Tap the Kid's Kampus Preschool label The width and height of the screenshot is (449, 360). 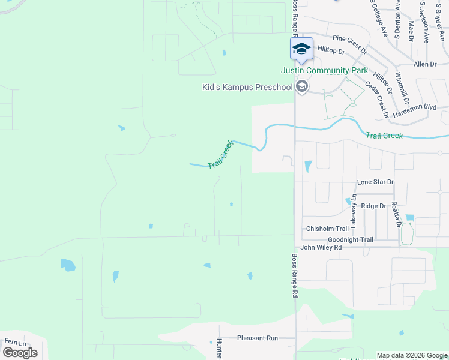pos(247,88)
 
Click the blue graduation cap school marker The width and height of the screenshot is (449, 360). pos(301,48)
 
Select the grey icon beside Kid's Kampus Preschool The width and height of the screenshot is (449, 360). pos(302,88)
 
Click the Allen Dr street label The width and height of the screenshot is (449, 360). pos(424,64)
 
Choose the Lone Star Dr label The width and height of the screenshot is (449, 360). pos(375,182)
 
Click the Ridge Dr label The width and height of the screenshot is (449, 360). pos(373,206)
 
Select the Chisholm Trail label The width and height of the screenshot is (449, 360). pos(327,229)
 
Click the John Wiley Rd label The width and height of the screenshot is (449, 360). pos(321,247)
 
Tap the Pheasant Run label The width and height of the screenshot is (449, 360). pos(258,338)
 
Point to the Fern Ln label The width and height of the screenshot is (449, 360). pos(16,342)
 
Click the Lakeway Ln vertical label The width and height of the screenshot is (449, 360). pos(354,211)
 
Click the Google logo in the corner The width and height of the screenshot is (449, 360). pos(20,352)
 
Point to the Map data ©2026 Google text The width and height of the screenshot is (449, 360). pos(412,355)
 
